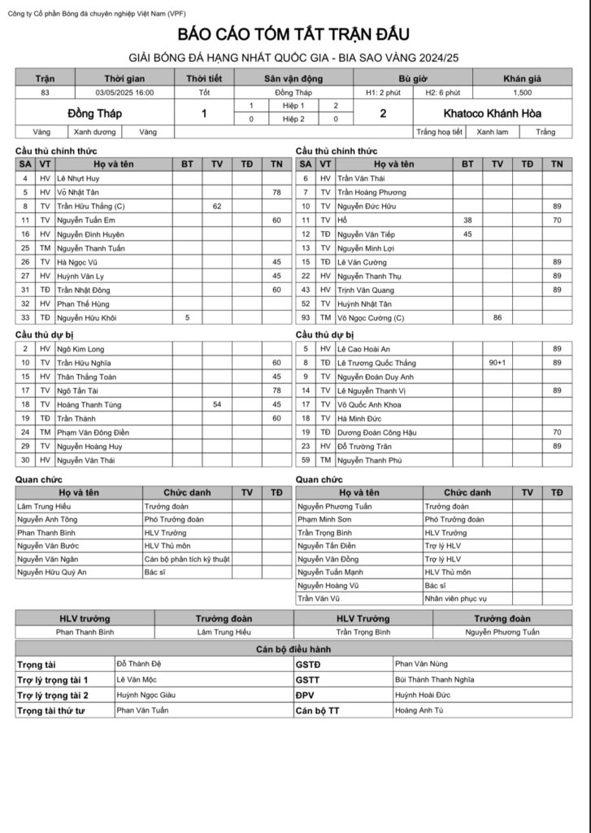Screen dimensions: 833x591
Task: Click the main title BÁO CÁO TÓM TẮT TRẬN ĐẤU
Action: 294,34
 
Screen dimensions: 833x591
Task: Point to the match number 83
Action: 45,93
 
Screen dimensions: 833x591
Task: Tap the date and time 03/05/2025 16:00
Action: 124,93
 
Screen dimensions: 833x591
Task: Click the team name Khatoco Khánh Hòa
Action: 492,114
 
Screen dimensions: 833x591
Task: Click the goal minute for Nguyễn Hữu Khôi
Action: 187,318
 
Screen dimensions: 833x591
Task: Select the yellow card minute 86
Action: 497,318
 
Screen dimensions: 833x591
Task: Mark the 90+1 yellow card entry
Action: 497,363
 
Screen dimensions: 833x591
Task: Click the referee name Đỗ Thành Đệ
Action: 139,664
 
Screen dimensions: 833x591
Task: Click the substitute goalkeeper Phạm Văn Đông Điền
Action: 93,432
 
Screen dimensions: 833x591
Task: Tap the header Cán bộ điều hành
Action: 294,649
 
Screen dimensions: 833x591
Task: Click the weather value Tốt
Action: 204,93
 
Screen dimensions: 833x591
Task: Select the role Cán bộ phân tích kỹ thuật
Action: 187,560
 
